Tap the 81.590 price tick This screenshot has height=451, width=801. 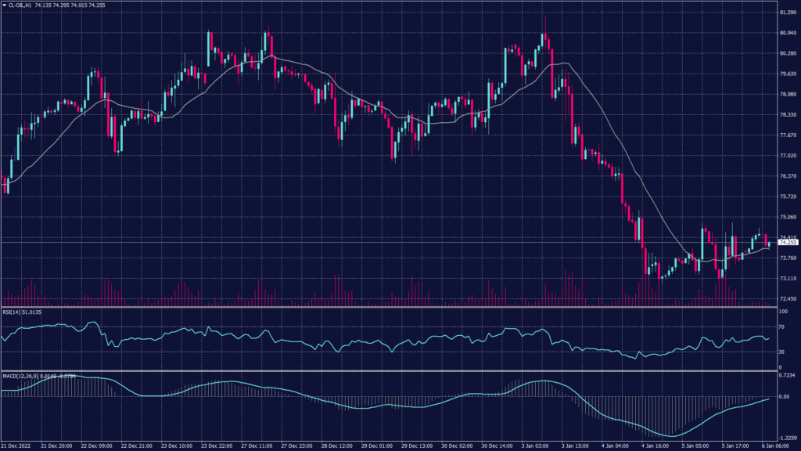pos(782,13)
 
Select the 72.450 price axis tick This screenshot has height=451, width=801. pos(782,299)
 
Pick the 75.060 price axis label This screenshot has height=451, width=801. pos(782,218)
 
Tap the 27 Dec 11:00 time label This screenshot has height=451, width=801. pos(257,446)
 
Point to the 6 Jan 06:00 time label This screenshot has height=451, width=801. pos(770,446)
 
